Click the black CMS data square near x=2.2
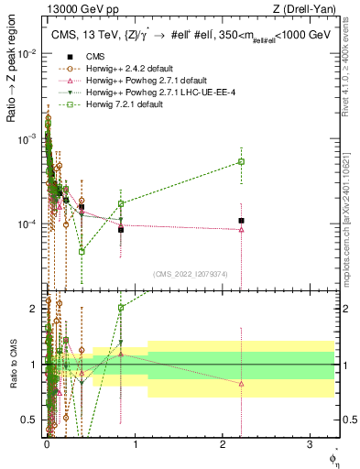[241, 221]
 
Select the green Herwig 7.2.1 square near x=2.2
[241, 161]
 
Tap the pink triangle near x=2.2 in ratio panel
[241, 383]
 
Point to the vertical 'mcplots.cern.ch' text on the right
[347, 220]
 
